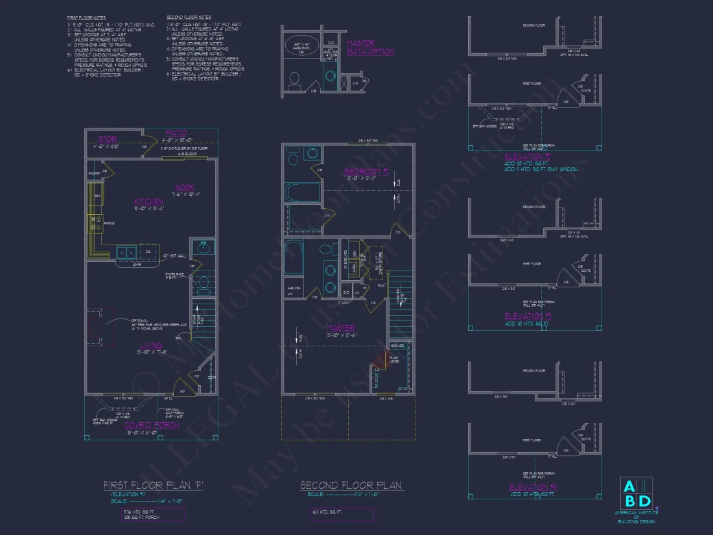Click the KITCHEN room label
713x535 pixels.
(148, 202)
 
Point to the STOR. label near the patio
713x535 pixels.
(108, 139)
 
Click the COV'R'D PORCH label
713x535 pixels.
(152, 425)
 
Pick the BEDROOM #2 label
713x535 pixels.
(366, 172)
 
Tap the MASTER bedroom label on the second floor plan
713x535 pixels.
(340, 328)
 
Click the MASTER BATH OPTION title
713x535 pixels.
(370, 47)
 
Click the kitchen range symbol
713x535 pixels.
(95, 224)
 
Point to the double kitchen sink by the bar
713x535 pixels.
(126, 252)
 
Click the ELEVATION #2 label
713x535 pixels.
(527, 157)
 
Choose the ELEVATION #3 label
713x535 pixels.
(527, 316)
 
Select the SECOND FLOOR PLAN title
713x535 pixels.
(351, 485)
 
